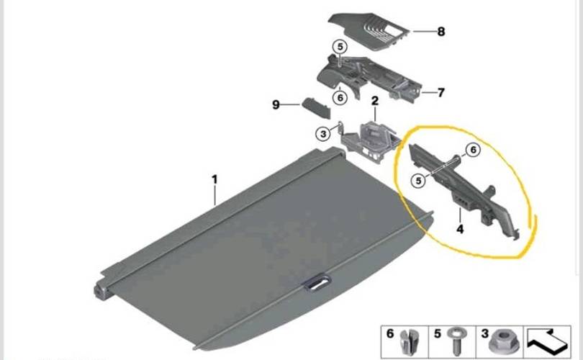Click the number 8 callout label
(x=441, y=32)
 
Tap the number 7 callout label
(x=441, y=92)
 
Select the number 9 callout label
(x=276, y=104)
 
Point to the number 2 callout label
(x=375, y=101)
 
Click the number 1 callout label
(x=214, y=179)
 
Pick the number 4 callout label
(x=460, y=229)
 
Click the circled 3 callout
(x=323, y=134)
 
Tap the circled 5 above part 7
(x=340, y=48)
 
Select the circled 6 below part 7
(x=340, y=98)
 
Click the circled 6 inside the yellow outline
(x=473, y=150)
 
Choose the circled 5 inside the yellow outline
(x=419, y=181)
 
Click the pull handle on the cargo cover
(x=317, y=282)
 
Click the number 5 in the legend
(x=438, y=333)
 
